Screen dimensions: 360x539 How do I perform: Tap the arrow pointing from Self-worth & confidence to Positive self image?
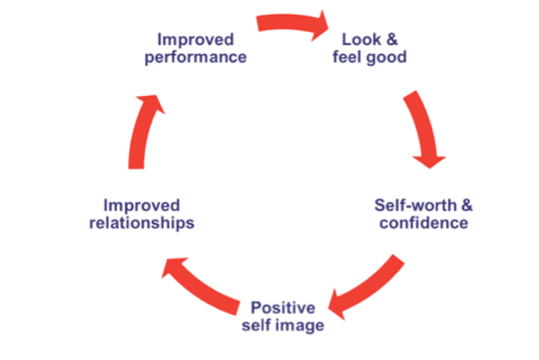click(x=367, y=283)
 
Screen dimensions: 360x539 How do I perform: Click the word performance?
click(x=195, y=57)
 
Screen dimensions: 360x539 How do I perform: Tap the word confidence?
click(x=423, y=224)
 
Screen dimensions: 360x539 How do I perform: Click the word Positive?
click(x=283, y=307)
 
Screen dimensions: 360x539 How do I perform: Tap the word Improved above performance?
click(x=195, y=39)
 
